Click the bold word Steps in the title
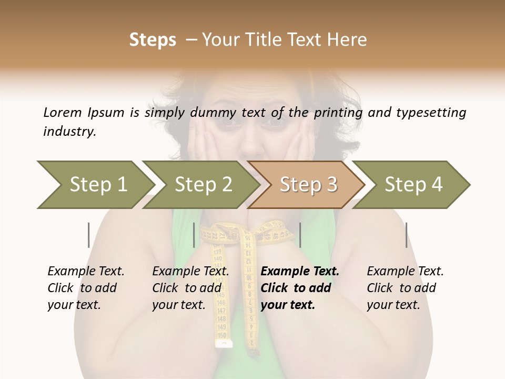(x=153, y=40)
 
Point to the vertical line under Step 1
(x=89, y=235)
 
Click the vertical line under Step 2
(x=194, y=235)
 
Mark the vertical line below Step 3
(x=300, y=235)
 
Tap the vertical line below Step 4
(x=406, y=235)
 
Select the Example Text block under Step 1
(x=86, y=288)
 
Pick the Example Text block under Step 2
(x=190, y=288)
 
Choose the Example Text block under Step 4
(x=405, y=288)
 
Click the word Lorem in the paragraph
(x=63, y=113)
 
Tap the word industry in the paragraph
(x=69, y=132)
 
